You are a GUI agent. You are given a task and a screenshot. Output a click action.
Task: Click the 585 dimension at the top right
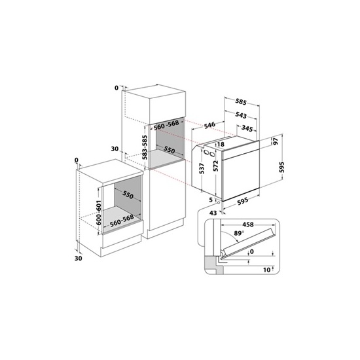click(x=240, y=102)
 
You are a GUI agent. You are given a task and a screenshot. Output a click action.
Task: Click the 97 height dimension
click(x=276, y=141)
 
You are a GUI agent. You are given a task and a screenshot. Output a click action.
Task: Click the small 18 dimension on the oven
click(x=221, y=145)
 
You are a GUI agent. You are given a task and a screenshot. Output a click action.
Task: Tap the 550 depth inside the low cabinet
click(x=127, y=196)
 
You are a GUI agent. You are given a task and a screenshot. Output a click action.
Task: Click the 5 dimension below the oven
click(x=211, y=200)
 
